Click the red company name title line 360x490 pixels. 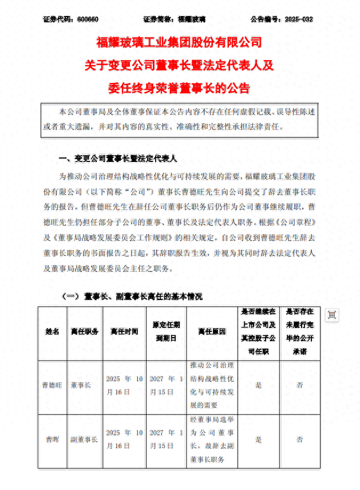[x=179, y=42]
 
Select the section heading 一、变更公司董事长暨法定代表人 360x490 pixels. [x=119, y=158]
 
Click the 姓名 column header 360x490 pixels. [x=52, y=332]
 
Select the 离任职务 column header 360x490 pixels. [x=84, y=332]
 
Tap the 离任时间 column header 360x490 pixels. [x=124, y=332]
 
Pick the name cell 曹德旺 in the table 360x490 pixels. [x=52, y=386]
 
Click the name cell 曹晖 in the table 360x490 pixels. [x=52, y=440]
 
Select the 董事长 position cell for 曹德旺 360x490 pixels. [x=84, y=386]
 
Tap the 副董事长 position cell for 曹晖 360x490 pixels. [x=84, y=440]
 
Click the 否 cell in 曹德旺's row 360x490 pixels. [x=299, y=386]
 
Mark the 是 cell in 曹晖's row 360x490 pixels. [x=259, y=440]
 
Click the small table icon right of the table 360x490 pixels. [x=332, y=314]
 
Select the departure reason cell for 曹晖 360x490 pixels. [x=211, y=440]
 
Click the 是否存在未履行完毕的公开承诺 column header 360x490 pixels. [x=299, y=332]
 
